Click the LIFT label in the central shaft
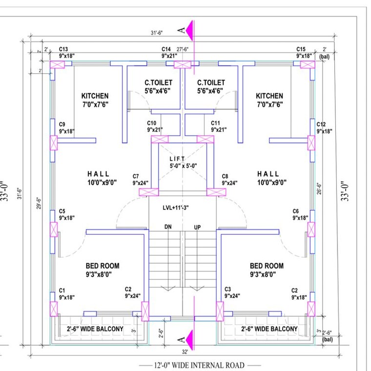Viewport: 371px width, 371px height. pos(177,160)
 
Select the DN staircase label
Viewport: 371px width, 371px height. pos(167,227)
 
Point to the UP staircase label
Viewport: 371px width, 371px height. pos(198,227)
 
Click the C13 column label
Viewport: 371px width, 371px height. pos(63,49)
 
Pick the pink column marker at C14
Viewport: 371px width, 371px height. pos(181,64)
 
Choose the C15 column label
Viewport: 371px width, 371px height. pos(301,49)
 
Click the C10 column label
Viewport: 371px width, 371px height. pos(152,123)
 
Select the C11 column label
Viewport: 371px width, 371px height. pos(216,123)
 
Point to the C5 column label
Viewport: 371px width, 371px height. pos(62,211)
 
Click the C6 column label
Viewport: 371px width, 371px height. pos(295,211)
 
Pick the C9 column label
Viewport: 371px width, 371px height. pos(62,124)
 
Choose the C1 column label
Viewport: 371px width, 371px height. pos(62,290)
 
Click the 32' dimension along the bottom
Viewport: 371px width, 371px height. pos(185,351)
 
